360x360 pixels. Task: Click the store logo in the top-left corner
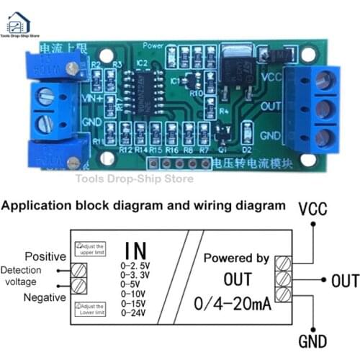point(20,20)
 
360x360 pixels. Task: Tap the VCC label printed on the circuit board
point(271,76)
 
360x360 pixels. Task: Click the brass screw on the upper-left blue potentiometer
point(71,68)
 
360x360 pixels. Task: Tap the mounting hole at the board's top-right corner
point(308,53)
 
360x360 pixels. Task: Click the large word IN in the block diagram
point(135,251)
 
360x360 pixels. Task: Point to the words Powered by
point(236,258)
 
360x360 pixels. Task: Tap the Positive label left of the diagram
point(46,256)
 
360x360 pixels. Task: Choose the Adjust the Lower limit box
point(91,309)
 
